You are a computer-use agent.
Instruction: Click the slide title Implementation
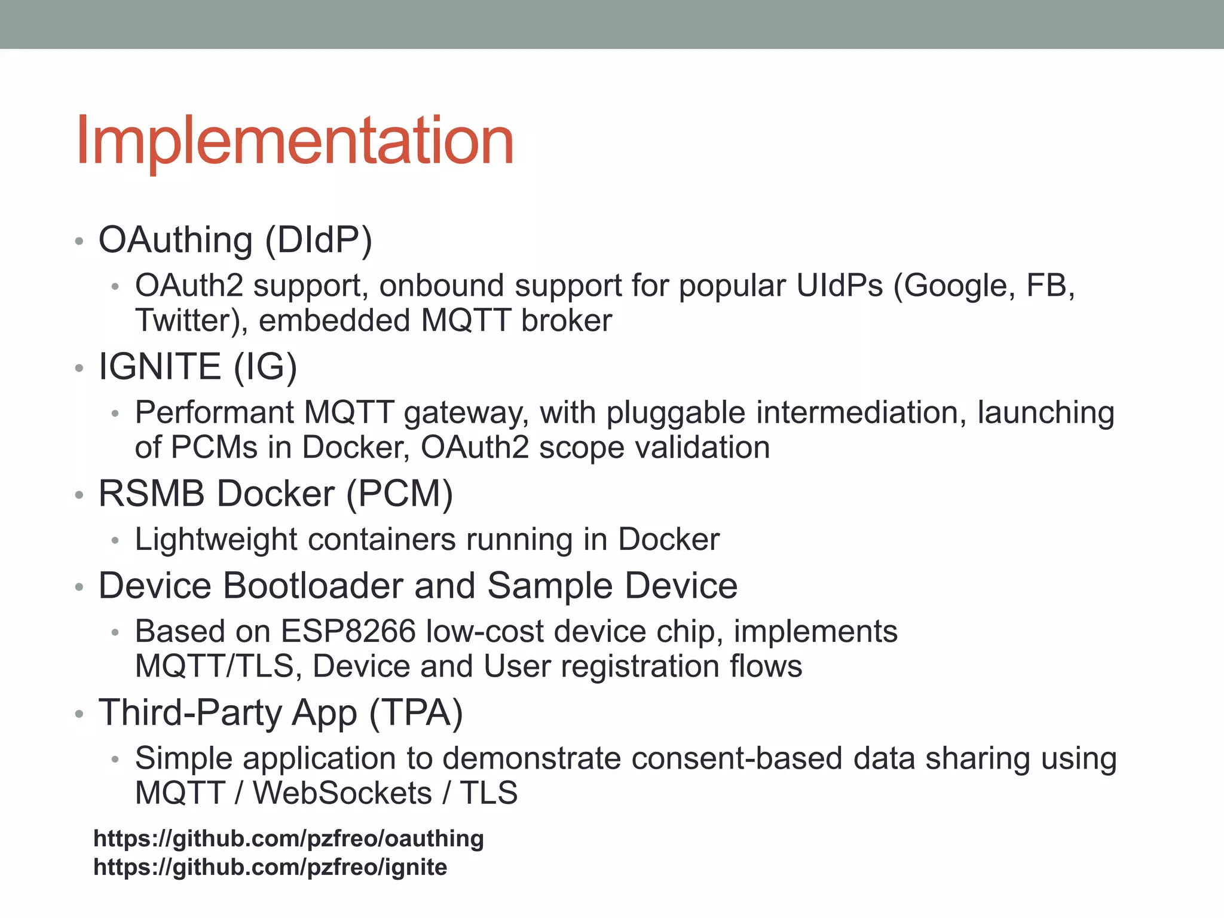(x=295, y=141)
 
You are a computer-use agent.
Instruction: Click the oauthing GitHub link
(x=289, y=839)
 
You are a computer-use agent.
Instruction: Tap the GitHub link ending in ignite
(x=270, y=867)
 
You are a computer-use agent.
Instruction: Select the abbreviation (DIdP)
(x=319, y=240)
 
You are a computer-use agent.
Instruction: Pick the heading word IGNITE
(x=160, y=366)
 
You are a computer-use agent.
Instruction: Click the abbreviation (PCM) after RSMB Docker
(x=400, y=494)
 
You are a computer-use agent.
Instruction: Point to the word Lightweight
(x=216, y=540)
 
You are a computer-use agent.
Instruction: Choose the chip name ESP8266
(x=348, y=632)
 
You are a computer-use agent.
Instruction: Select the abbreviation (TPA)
(x=416, y=713)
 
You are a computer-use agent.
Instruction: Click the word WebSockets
(x=342, y=793)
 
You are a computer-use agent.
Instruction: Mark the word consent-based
(x=736, y=758)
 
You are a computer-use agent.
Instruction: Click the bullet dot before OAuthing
(x=78, y=242)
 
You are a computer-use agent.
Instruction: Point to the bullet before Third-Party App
(x=78, y=714)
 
